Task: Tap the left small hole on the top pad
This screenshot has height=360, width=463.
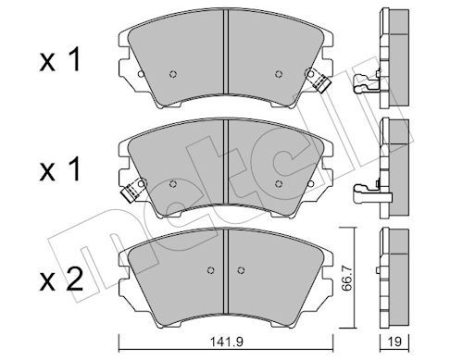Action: tap(172, 75)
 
